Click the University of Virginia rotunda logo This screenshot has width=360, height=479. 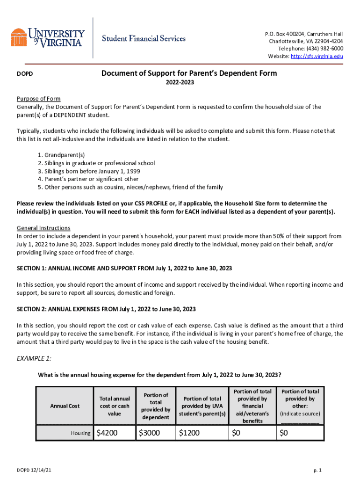[19, 37]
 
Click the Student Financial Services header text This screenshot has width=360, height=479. [144, 38]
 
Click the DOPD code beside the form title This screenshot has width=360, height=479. [24, 74]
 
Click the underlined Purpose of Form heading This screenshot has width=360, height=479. [39, 99]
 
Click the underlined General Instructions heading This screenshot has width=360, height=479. [43, 228]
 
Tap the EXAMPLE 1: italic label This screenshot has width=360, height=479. [34, 358]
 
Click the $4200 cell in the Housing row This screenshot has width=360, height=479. [107, 433]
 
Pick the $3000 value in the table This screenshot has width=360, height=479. [150, 433]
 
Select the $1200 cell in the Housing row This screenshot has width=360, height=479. [189, 433]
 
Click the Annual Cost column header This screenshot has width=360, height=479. [65, 406]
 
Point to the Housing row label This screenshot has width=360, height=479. [80, 434]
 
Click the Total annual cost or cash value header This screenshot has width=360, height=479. [114, 406]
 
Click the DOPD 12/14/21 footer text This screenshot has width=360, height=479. [36, 470]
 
